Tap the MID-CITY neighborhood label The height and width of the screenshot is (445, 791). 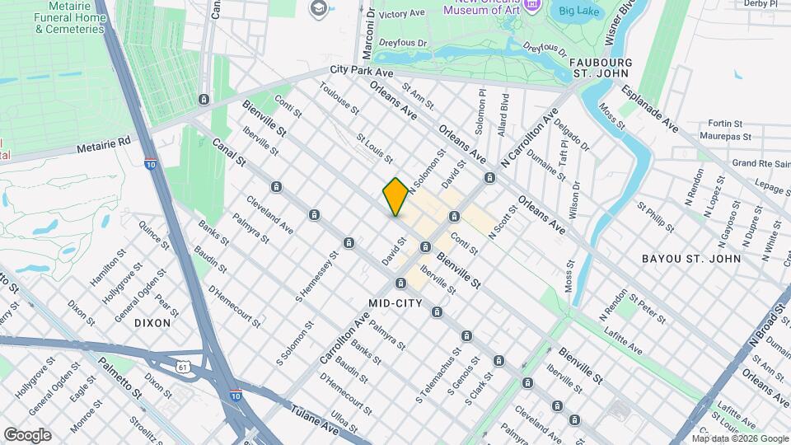click(x=395, y=303)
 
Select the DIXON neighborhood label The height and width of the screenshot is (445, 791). click(x=152, y=323)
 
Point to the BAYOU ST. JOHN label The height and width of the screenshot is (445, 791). click(x=690, y=259)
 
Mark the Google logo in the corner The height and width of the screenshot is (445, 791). click(x=27, y=434)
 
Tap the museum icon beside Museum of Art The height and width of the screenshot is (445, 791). click(x=531, y=5)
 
